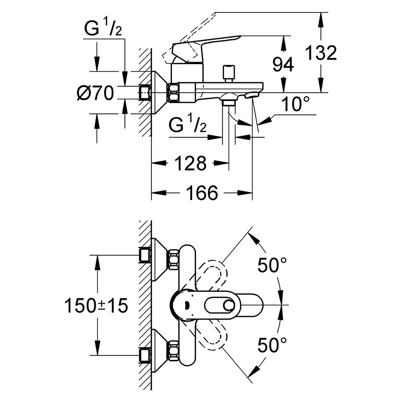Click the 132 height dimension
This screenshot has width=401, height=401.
[x=321, y=53]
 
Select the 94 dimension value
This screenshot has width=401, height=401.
[x=283, y=64]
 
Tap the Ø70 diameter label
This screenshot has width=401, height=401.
[x=95, y=93]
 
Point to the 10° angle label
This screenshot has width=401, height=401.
[x=295, y=104]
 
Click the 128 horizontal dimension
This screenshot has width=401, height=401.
[x=190, y=163]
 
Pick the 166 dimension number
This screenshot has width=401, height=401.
[x=202, y=192]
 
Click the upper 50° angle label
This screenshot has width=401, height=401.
[x=272, y=265]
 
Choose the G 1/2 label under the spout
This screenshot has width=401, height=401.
[x=187, y=123]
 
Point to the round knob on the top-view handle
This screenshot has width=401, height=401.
[x=229, y=305]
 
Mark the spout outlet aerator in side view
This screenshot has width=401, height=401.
[x=252, y=96]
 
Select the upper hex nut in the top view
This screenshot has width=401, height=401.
[x=173, y=260]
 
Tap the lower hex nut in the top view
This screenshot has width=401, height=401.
[x=173, y=350]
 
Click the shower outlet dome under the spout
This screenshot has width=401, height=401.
[x=229, y=97]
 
